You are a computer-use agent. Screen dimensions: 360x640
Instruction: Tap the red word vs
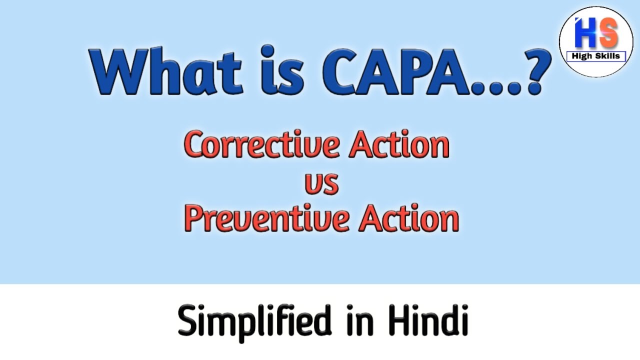pyautogui.click(x=321, y=183)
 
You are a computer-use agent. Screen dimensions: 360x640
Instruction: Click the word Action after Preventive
pyautogui.click(x=407, y=219)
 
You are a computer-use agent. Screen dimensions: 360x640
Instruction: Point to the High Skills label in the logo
pyautogui.click(x=596, y=56)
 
